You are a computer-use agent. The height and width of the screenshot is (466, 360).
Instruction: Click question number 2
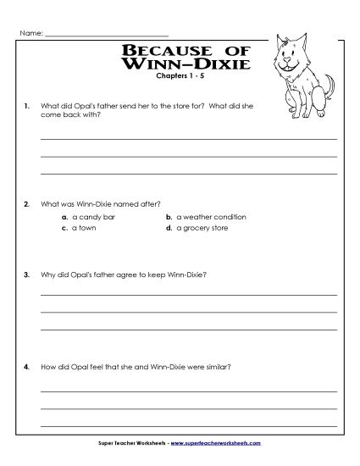28,203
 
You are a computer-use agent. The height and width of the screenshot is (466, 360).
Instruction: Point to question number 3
28,275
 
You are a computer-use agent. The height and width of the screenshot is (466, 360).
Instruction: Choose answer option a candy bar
93,217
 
